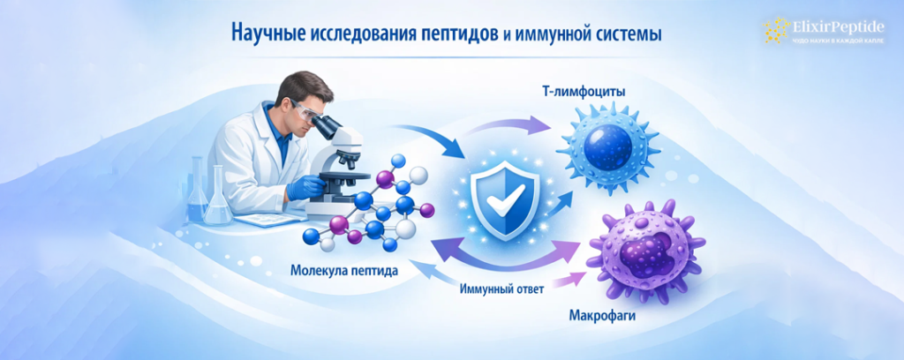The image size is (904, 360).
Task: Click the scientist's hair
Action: coord(289,88)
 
